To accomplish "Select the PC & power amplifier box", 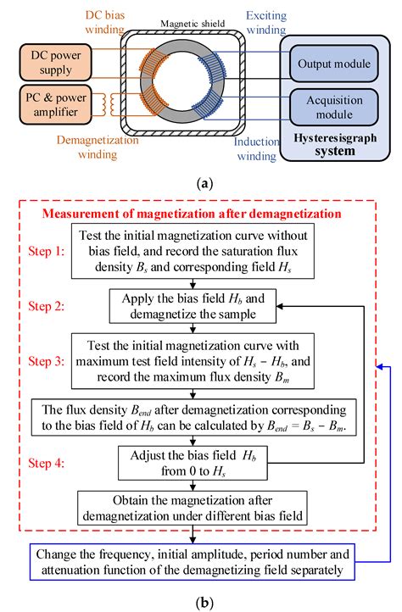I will [x=52, y=106].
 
